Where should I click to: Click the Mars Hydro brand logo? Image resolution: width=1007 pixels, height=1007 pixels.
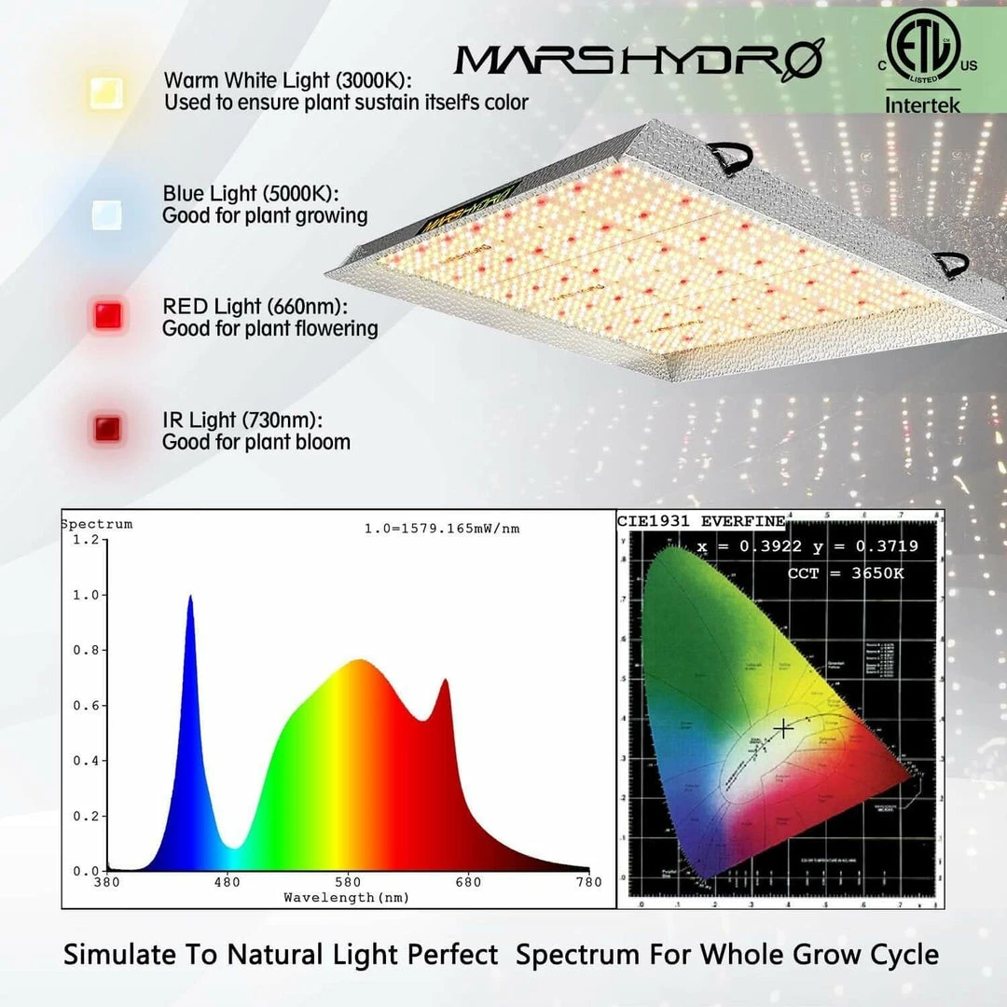pos(639,59)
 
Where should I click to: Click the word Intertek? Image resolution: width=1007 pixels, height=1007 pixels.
pos(922,103)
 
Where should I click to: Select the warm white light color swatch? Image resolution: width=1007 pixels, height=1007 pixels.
pos(106,92)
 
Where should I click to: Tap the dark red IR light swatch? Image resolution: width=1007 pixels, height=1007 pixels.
pos(106,428)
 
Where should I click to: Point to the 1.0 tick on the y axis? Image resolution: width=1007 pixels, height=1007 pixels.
pos(86,595)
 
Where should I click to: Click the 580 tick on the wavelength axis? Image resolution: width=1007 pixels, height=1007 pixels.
pos(347,882)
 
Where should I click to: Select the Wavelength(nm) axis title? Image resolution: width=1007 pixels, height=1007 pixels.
pos(347,898)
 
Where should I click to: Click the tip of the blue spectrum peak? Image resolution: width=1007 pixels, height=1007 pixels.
pos(190,597)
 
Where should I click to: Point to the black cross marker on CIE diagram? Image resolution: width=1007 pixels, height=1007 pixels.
pos(783,728)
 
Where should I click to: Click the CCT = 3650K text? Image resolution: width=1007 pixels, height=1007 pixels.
pos(845,573)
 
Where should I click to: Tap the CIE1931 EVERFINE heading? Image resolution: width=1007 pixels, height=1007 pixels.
pos(701,521)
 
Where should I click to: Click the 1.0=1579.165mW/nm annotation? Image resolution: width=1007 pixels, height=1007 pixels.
pos(441,529)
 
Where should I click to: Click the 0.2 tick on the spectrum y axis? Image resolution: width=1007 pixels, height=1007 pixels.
pos(86,816)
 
